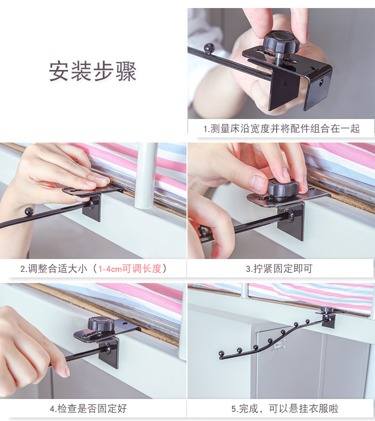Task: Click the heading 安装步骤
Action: (x=92, y=71)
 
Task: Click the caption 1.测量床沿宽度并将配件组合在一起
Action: (x=281, y=128)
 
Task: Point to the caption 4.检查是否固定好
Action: (x=88, y=408)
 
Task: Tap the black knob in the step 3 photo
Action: (x=283, y=187)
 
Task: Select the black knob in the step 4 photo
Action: (x=101, y=323)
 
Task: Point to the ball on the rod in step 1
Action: (x=209, y=48)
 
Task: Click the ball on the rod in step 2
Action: (x=29, y=211)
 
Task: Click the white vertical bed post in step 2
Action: (x=146, y=175)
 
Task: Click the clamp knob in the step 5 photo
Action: (x=327, y=310)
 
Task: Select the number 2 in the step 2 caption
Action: (x=23, y=269)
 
